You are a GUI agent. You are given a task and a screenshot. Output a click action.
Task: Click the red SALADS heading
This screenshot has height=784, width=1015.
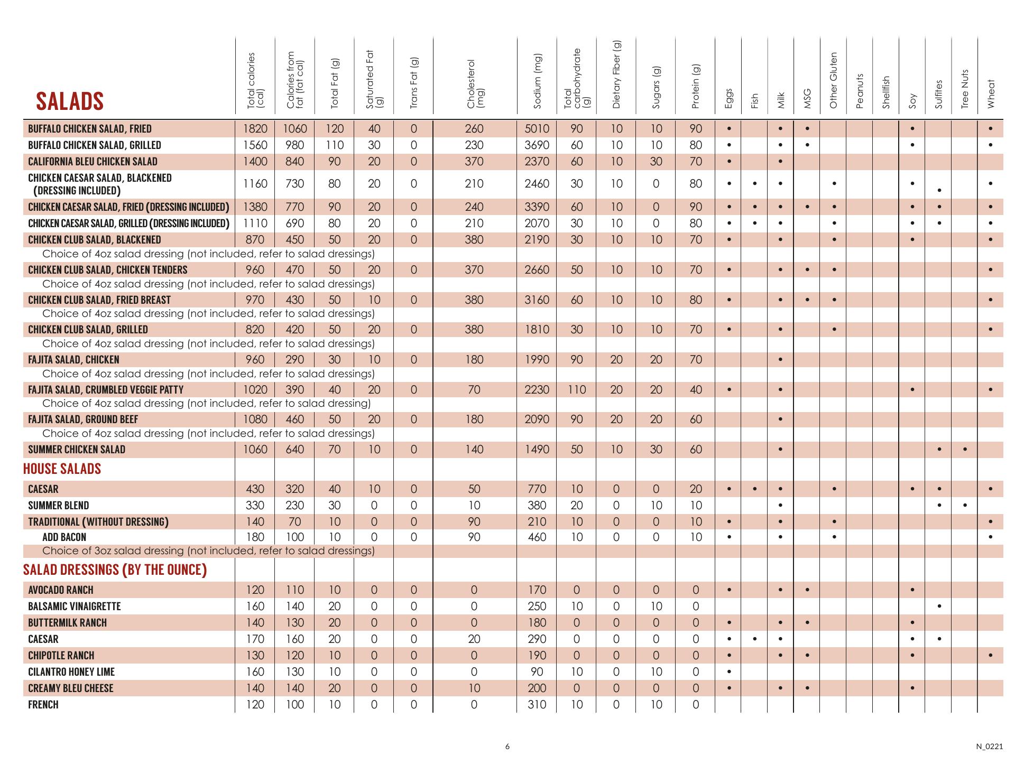coord(69,101)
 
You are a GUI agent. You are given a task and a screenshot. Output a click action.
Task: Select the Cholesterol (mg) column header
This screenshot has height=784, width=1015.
coord(475,84)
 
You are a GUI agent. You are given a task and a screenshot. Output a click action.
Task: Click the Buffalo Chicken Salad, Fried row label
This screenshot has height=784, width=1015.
coord(90,129)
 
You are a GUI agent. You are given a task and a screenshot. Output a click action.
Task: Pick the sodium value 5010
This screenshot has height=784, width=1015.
coord(537,129)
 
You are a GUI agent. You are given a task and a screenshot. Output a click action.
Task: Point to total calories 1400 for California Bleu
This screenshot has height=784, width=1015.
coord(255,162)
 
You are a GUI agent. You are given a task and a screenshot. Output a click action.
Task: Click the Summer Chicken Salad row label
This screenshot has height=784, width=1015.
coord(77,450)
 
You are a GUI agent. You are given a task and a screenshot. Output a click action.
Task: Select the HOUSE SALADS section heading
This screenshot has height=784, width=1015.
coord(62,469)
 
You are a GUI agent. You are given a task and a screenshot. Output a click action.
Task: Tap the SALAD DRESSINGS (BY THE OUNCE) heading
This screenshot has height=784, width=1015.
coord(115,570)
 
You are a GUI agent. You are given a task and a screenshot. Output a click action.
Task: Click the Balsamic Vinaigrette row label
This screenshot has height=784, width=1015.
coord(75,606)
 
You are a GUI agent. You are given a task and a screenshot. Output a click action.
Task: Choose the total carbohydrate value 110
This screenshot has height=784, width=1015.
coord(577,390)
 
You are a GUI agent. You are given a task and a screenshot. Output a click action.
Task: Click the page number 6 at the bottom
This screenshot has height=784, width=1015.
coord(508,746)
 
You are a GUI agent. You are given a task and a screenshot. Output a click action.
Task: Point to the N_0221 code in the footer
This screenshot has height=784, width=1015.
coord(989,746)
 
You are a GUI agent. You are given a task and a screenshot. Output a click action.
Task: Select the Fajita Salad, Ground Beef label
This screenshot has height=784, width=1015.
coord(83,419)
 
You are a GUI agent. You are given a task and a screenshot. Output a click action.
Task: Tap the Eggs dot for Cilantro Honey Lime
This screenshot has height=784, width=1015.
coord(728,672)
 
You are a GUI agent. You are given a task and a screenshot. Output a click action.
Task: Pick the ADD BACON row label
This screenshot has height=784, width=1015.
coord(64,537)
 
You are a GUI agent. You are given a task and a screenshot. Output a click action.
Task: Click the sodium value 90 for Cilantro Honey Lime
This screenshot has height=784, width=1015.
coord(537,672)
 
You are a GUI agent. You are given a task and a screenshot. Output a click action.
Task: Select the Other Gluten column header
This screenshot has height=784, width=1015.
coord(834,80)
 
